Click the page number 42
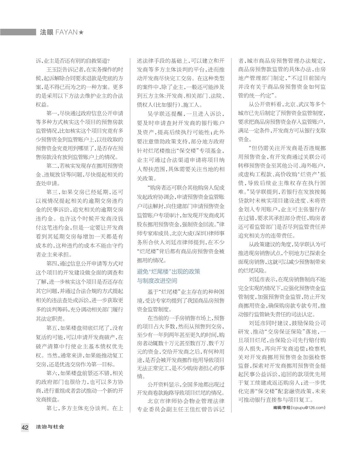(x=25, y=427)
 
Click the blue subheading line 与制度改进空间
(x=157, y=281)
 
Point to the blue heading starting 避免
(x=169, y=272)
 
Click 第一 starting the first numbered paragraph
(x=52, y=114)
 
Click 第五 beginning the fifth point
(x=52, y=328)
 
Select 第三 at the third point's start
(x=52, y=192)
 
